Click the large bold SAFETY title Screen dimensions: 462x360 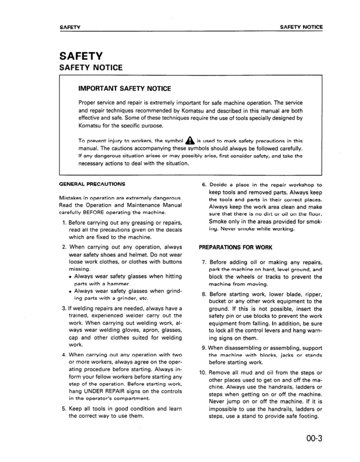click(x=82, y=57)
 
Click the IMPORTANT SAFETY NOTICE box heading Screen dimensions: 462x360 click(x=124, y=89)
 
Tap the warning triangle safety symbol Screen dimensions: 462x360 click(x=190, y=141)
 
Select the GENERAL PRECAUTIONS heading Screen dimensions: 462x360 click(x=92, y=184)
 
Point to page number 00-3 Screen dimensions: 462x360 click(x=312, y=439)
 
